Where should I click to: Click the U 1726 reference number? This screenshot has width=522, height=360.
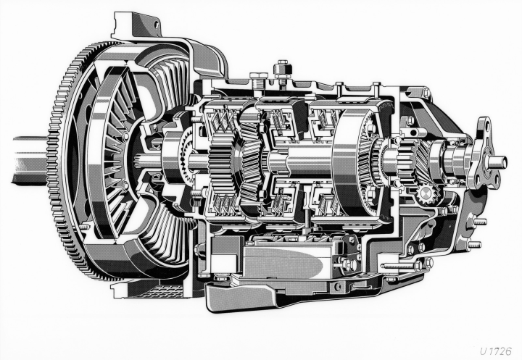(496, 351)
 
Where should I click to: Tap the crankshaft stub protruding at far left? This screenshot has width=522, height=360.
(30, 160)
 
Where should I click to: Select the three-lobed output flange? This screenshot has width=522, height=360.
(484, 156)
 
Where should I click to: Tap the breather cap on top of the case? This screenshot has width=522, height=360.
(282, 70)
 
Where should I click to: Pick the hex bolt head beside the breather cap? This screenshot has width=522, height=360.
(256, 77)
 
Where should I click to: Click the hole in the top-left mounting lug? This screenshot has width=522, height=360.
(155, 24)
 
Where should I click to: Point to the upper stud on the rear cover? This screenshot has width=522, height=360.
(480, 222)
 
